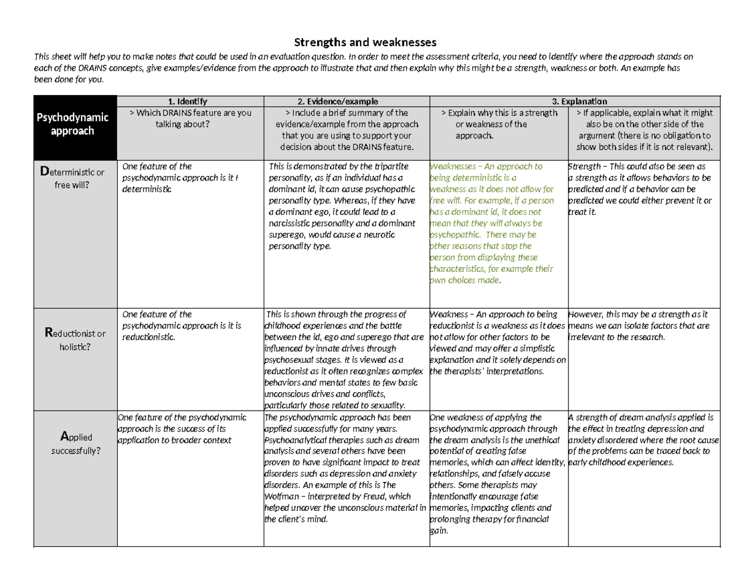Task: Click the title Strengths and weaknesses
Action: pos(366,42)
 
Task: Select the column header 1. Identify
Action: pos(190,101)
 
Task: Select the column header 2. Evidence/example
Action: pos(346,101)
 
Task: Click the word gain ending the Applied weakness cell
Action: pos(439,531)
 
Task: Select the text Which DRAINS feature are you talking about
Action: pos(190,118)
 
